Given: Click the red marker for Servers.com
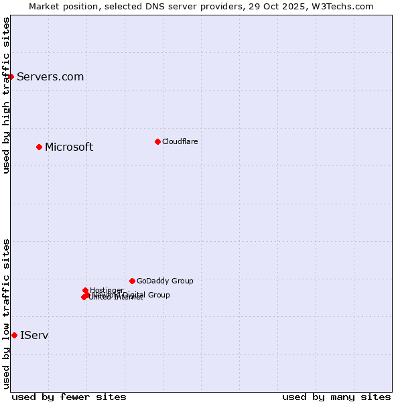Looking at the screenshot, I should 11,76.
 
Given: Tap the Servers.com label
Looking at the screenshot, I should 50,76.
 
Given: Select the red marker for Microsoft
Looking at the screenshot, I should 39,147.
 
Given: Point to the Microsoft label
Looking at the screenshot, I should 69,147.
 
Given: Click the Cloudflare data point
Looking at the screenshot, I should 157,141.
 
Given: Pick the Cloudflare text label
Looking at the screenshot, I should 180,141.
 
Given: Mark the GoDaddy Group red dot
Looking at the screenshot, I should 132,281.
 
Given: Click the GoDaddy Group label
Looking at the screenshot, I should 165,281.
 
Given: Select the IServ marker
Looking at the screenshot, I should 14,335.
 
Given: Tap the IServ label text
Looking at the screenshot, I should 34,335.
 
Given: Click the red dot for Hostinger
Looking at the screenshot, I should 85,290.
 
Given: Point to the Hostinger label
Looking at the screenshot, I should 107,290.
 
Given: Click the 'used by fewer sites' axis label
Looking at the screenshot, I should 69,397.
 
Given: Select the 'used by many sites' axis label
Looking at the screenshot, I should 336,397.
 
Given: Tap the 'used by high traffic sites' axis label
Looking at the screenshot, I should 6,95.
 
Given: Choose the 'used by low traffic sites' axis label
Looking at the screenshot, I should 6,314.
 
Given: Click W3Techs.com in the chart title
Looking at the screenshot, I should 346,6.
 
